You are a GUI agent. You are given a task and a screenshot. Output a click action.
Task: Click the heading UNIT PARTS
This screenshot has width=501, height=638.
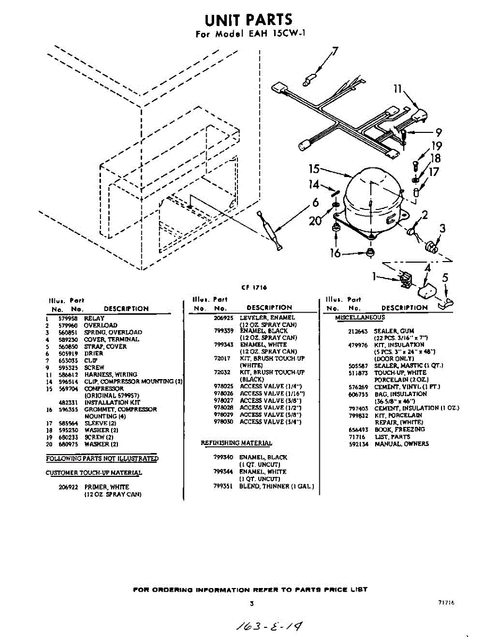[x=249, y=20]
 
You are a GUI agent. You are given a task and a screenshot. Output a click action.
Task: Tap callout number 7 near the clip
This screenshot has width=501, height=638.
[x=335, y=52]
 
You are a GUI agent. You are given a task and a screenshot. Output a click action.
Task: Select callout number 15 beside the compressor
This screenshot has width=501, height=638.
[x=313, y=169]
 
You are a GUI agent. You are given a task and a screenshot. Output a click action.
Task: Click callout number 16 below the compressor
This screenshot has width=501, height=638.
[x=335, y=254]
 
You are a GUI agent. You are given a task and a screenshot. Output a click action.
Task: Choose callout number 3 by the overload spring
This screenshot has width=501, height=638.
[x=442, y=230]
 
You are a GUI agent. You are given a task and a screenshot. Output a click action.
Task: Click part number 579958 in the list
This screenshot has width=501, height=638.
[x=67, y=318]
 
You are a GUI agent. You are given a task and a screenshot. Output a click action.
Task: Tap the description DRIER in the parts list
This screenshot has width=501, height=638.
[x=94, y=354]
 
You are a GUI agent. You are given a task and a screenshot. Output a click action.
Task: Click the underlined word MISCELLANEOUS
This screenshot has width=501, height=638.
[x=360, y=318]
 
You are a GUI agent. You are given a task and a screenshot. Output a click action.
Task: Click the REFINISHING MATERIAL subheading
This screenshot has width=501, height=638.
[x=236, y=443]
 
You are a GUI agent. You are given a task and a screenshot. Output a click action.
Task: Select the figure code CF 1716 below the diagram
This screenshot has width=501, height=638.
[x=253, y=288]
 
